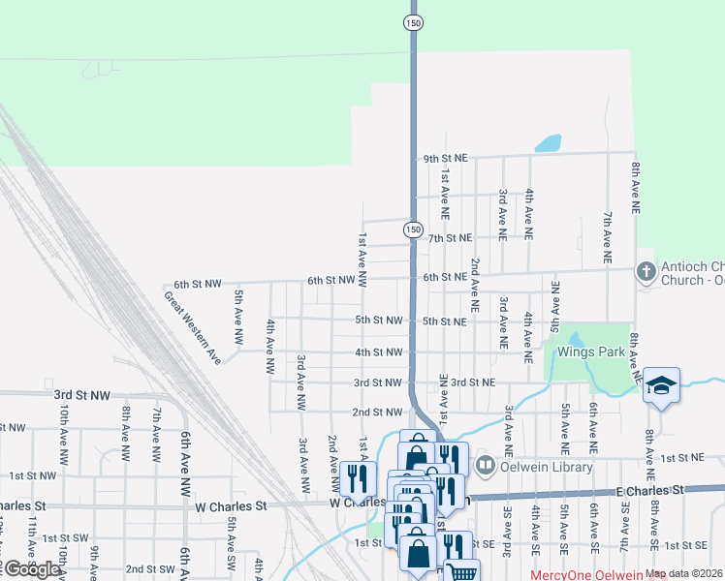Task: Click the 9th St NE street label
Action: click(446, 158)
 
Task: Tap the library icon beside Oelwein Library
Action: click(486, 466)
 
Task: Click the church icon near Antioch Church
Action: click(646, 272)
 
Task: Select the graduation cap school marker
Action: click(661, 384)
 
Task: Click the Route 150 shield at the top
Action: click(413, 22)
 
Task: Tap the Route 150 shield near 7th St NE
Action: click(413, 229)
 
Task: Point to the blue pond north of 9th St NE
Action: click(549, 143)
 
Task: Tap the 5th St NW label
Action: click(378, 321)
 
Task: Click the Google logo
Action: click(32, 569)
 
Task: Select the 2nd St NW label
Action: click(376, 413)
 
